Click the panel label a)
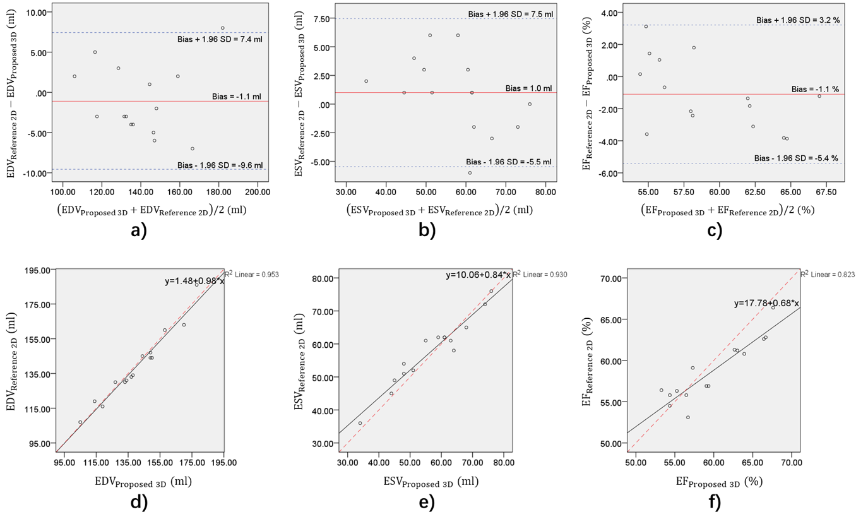pos(139,230)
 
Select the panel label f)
pos(712,503)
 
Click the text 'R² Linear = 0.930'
pos(537,274)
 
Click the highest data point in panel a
pos(223,28)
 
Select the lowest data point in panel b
pos(470,172)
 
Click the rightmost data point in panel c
pos(819,96)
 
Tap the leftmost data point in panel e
pos(360,423)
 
